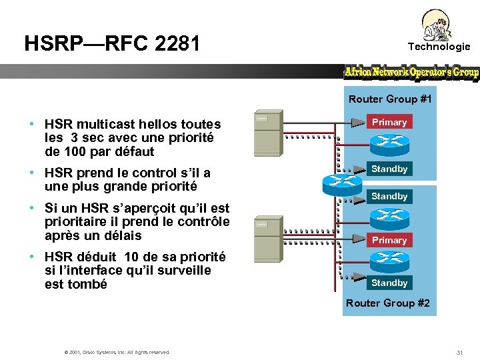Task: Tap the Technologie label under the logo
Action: (439, 47)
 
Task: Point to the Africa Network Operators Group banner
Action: (411, 72)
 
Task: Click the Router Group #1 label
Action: (390, 99)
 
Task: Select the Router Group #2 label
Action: (388, 303)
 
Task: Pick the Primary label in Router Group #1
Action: (389, 123)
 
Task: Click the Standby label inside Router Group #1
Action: (389, 169)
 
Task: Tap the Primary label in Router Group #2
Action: (389, 240)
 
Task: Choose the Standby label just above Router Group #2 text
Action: (389, 283)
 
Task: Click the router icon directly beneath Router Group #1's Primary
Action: (389, 141)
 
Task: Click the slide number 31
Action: (459, 352)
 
